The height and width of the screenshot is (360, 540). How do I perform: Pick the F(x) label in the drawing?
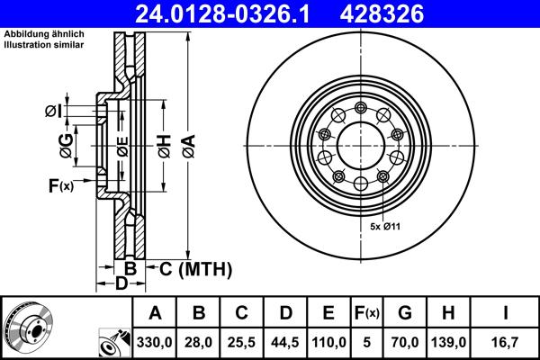(61, 186)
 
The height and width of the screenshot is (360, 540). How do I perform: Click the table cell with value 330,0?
(155, 343)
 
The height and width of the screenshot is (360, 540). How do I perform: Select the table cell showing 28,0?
(198, 343)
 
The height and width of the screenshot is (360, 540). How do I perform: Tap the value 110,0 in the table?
(328, 343)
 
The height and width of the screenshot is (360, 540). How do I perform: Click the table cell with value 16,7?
(507, 343)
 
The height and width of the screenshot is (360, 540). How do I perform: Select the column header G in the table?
(405, 313)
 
